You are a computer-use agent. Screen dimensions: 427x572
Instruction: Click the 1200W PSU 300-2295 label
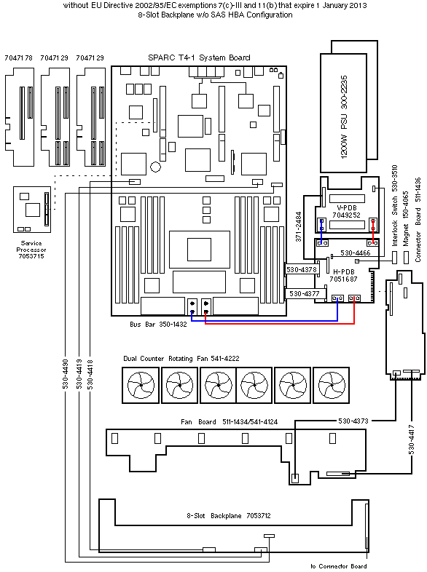click(344, 116)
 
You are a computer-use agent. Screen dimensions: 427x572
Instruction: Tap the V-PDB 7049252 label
click(346, 212)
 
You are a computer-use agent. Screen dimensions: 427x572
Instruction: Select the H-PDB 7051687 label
click(343, 275)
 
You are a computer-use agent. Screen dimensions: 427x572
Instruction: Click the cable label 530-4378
click(302, 269)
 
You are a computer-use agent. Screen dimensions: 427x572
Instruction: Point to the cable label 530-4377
click(305, 294)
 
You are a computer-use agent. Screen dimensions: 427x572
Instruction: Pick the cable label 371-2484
click(299, 226)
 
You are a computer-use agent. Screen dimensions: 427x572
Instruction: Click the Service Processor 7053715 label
click(31, 250)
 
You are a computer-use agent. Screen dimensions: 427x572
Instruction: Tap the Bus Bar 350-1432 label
click(158, 325)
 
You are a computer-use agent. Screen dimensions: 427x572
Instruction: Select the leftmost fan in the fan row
click(141, 385)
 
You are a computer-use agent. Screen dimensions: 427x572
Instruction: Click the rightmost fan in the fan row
click(332, 385)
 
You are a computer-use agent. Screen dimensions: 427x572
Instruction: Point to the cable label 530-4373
click(353, 421)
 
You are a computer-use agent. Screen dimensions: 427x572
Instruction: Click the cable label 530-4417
click(411, 440)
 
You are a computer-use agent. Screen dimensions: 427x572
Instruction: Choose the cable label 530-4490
click(66, 374)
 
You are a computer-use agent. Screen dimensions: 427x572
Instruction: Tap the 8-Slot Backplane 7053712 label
click(229, 516)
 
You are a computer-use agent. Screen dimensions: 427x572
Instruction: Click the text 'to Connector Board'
click(339, 566)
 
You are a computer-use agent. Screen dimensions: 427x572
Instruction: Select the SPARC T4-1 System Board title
click(199, 57)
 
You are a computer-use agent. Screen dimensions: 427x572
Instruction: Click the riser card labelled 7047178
click(20, 116)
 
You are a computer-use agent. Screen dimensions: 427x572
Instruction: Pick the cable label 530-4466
click(355, 253)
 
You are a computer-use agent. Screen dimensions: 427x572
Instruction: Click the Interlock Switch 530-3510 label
click(394, 205)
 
